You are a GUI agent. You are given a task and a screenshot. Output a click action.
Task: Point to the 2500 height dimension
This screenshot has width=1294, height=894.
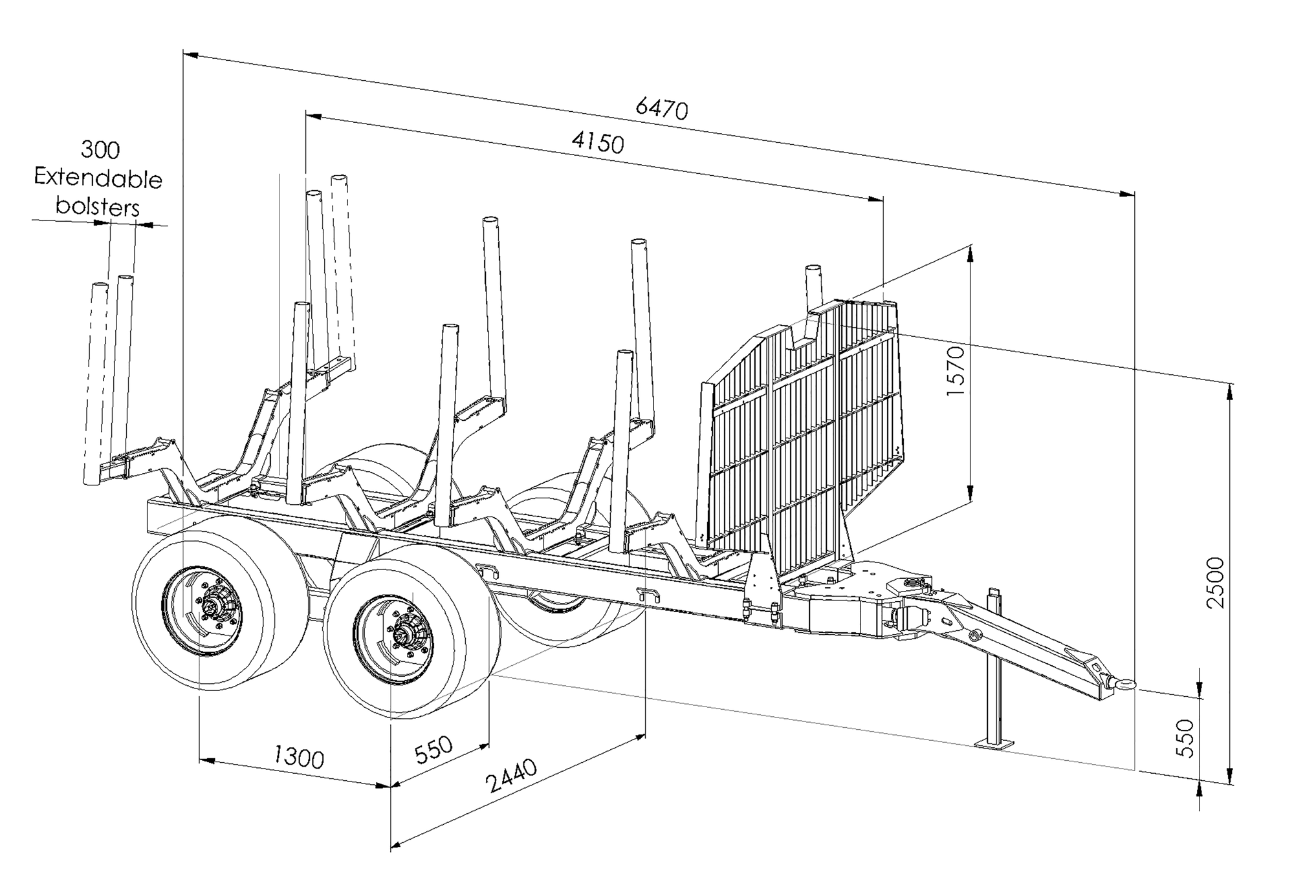(1216, 582)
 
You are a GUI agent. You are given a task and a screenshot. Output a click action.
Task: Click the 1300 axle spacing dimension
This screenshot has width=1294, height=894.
(298, 756)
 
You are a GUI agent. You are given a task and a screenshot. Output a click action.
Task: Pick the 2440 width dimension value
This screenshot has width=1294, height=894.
(512, 776)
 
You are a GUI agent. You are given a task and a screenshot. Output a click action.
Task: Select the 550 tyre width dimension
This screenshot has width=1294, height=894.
(433, 749)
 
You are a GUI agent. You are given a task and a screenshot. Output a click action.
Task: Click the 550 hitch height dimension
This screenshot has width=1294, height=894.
(1185, 738)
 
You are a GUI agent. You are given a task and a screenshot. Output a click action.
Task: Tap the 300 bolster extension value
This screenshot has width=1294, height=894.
(100, 150)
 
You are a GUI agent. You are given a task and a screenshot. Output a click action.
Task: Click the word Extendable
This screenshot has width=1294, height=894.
(98, 179)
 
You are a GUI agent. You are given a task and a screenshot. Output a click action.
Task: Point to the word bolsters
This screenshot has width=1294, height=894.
(98, 207)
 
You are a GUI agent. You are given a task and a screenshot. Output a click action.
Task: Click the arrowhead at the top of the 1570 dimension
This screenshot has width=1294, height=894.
(970, 253)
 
